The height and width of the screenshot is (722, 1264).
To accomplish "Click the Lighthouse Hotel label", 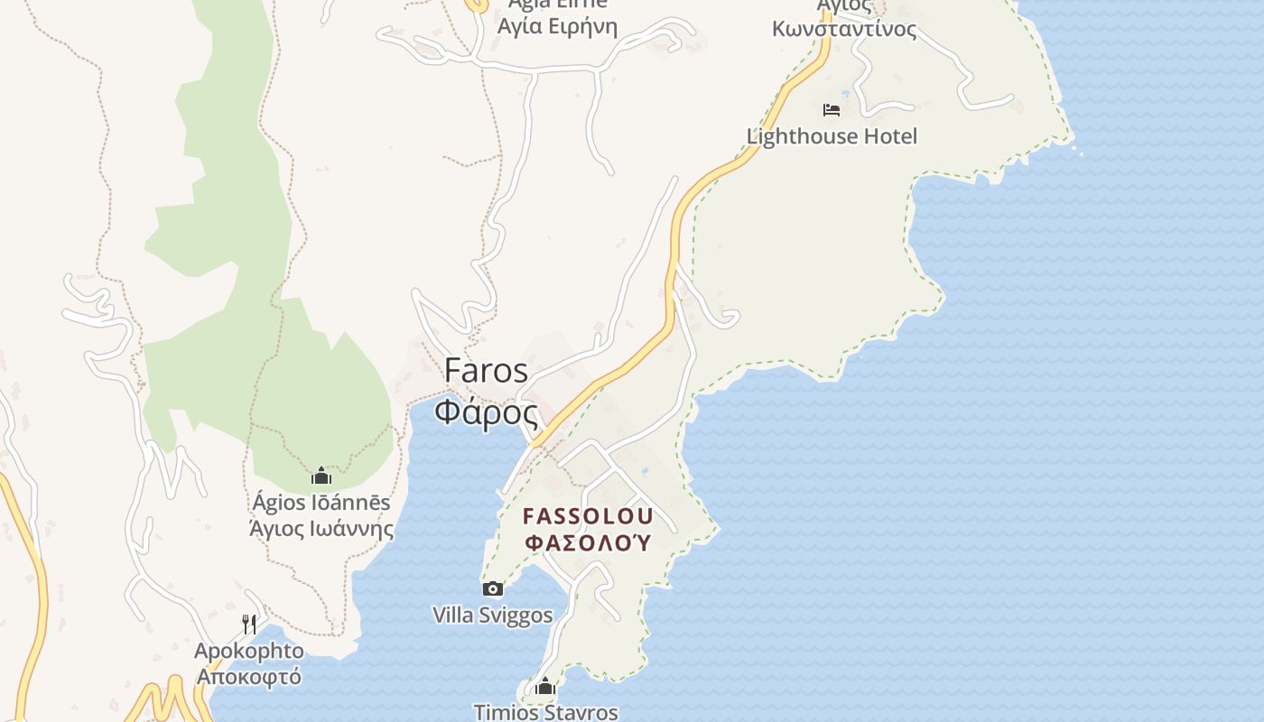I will (832, 136).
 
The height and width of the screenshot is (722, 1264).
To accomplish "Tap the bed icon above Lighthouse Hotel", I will (832, 110).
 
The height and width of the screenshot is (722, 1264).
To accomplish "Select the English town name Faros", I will (486, 370).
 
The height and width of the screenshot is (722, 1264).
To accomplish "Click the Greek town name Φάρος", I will (486, 412).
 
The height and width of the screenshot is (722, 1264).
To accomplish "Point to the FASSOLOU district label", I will (588, 517).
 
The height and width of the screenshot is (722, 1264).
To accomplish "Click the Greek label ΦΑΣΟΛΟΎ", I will (588, 542).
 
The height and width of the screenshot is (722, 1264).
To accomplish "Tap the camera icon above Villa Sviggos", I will (493, 589).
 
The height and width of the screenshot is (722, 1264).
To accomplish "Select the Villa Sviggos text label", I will (493, 616).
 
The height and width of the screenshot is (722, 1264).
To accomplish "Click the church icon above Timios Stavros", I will (544, 687).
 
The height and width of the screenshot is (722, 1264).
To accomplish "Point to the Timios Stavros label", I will (546, 711).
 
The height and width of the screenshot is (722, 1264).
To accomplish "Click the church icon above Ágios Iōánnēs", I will (321, 476).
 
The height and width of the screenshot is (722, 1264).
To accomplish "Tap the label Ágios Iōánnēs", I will (321, 503).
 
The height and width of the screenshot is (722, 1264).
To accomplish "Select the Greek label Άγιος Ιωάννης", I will (321, 528).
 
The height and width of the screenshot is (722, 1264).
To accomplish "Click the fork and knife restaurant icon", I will (249, 624).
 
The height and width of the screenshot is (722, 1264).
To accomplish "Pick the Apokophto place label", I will (249, 651).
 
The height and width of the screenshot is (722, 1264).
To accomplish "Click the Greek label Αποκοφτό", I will (249, 676).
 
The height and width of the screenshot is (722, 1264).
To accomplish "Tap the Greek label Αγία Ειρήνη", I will (558, 25).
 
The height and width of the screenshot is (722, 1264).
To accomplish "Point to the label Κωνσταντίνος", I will (844, 29).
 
